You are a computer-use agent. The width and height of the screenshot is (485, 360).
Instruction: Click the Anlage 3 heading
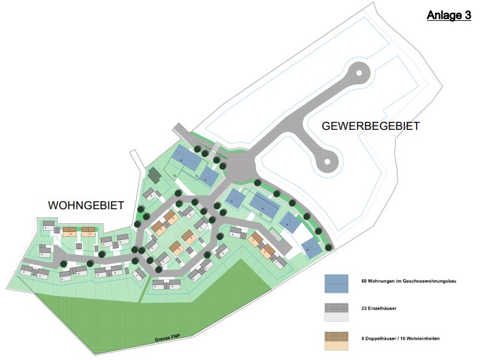tap(449, 15)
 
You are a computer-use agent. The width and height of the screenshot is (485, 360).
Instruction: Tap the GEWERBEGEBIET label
tap(371, 126)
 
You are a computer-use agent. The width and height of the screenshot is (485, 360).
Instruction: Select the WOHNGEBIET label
tap(86, 204)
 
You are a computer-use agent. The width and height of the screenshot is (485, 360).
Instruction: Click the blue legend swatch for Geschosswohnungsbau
tap(337, 283)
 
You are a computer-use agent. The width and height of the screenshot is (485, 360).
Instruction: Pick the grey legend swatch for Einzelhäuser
tap(337, 312)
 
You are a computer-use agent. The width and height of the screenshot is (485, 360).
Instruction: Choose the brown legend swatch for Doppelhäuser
tap(337, 341)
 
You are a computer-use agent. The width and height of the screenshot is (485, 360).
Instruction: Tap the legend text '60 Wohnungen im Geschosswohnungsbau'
tap(408, 281)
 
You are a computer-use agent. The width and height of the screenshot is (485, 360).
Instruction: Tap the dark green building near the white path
tap(154, 176)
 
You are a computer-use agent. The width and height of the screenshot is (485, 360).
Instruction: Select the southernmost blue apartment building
tap(311, 248)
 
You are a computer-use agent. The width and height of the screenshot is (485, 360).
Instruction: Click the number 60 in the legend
tap(364, 281)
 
